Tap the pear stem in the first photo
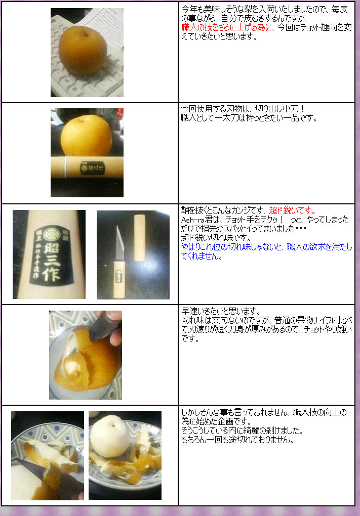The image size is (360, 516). [x=85, y=34]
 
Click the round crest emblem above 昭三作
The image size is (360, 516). [x=51, y=235]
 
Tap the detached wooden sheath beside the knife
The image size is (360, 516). [x=140, y=238]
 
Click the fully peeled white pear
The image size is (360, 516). [x=111, y=436]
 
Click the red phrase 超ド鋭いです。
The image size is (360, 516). [x=293, y=210]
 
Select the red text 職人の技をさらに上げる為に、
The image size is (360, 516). [x=227, y=27]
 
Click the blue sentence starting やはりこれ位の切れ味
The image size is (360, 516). [x=266, y=251]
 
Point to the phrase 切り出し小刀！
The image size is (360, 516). [x=281, y=109]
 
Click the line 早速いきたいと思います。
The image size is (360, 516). [x=221, y=311]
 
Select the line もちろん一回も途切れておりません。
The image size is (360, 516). [x=237, y=440]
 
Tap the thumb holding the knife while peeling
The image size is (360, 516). [x=115, y=337]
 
